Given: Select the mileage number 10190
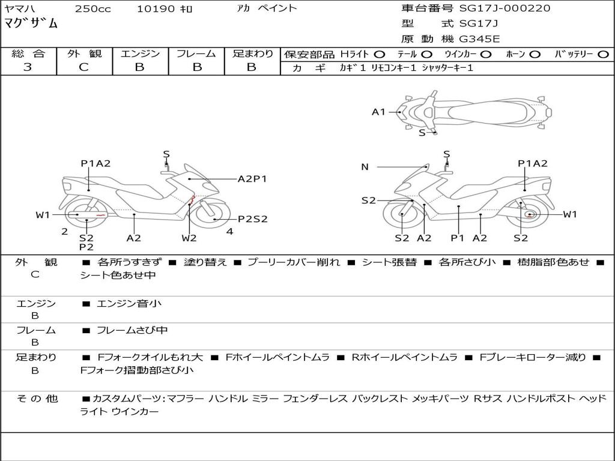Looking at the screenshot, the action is tap(156, 9).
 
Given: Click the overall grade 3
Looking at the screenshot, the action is tap(28, 67).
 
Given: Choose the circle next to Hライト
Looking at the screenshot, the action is tap(380, 54).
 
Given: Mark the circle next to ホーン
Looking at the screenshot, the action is tap(535, 54).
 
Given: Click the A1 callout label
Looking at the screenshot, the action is tap(378, 112).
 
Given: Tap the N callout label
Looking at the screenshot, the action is tap(365, 167).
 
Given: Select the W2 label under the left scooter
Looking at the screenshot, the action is tap(189, 238).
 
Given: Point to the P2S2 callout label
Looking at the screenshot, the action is tap(253, 219).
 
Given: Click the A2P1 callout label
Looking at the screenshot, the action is tap(252, 179).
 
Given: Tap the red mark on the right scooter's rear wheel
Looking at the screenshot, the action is tap(529, 214).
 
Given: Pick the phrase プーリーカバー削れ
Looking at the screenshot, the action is tap(294, 262).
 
